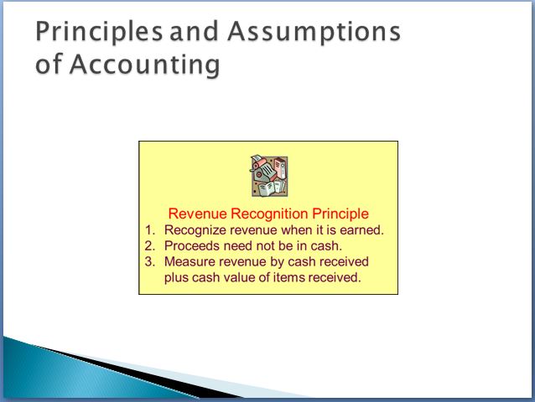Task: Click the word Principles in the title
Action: [x=99, y=32]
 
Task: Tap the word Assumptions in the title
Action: [x=314, y=32]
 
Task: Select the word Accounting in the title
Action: [x=145, y=64]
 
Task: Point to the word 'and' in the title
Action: [x=194, y=31]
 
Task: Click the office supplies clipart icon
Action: [x=269, y=176]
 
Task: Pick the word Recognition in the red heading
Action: [x=269, y=214]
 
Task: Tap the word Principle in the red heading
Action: [x=340, y=214]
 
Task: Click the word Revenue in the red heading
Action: [x=198, y=214]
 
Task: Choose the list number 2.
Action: [x=150, y=245]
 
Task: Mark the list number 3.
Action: [x=150, y=261]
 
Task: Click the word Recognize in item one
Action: [x=195, y=230]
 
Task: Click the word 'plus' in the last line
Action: [x=176, y=278]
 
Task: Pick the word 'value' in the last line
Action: [x=238, y=277]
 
